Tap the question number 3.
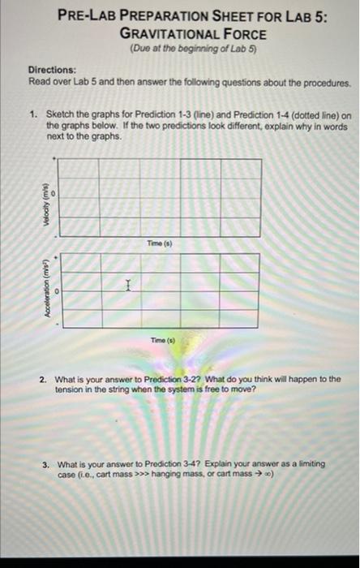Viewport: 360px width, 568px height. (x=46, y=464)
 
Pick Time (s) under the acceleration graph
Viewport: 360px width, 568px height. (x=158, y=342)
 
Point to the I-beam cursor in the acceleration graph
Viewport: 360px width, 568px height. (x=127, y=286)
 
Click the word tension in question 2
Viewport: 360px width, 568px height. (x=71, y=389)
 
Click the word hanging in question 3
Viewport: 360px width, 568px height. (x=170, y=475)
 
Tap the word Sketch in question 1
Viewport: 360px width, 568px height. (x=60, y=116)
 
